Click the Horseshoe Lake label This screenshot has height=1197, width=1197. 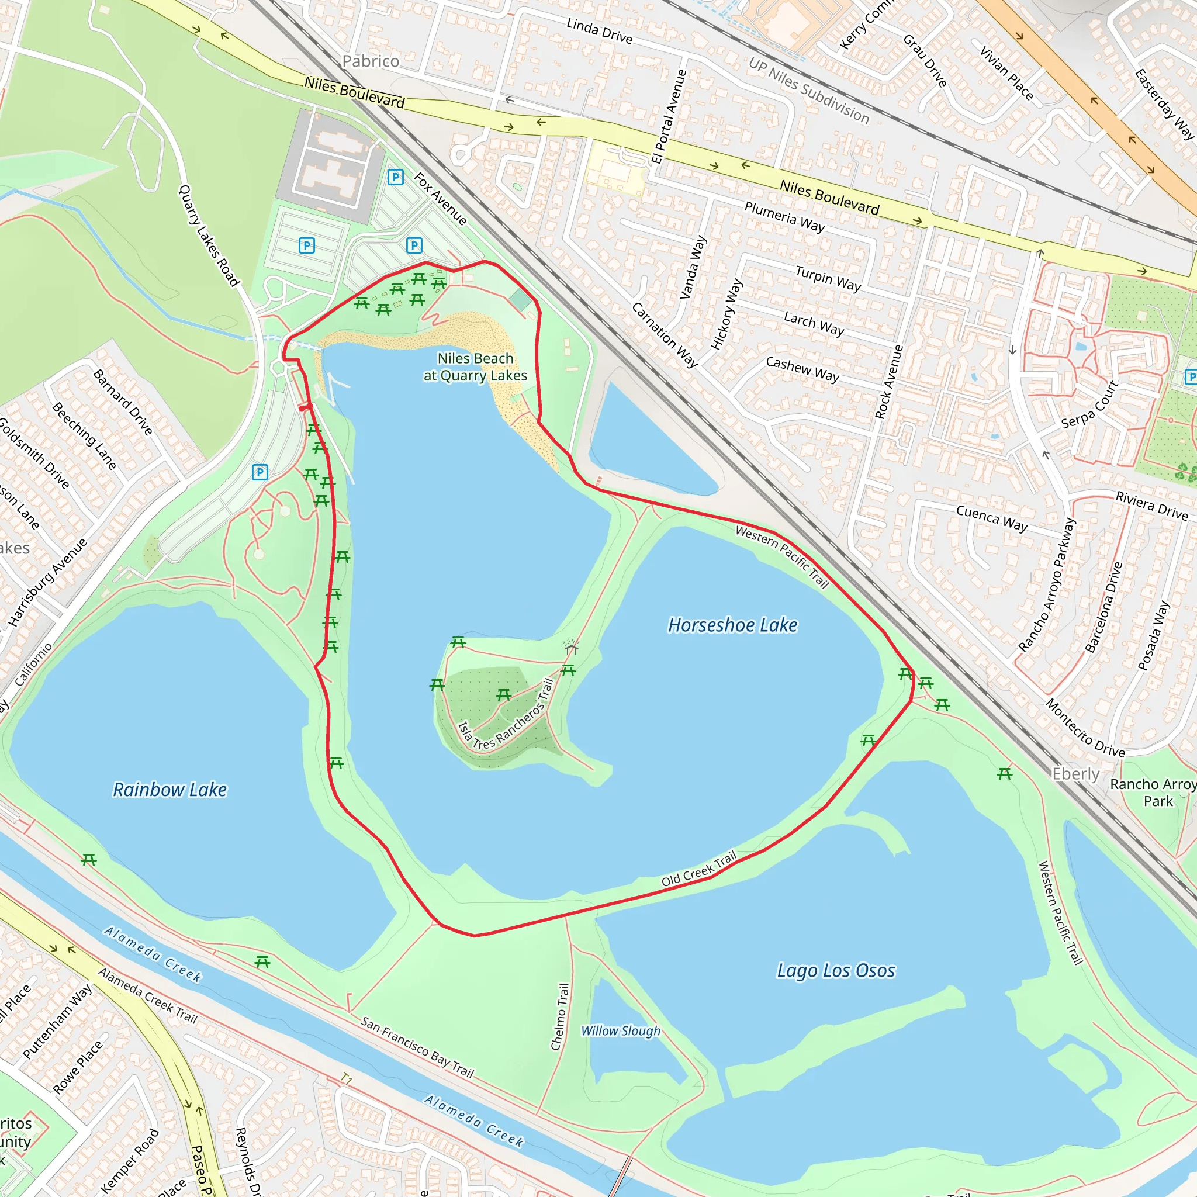[x=732, y=625]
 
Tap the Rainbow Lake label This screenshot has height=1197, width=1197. [x=169, y=790]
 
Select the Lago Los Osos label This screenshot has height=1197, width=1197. [x=836, y=970]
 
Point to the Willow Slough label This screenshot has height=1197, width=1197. [x=620, y=1031]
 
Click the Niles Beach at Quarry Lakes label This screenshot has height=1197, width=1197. [x=475, y=367]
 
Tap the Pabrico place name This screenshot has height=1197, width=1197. [x=371, y=61]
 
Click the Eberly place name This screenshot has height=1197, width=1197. [x=1075, y=774]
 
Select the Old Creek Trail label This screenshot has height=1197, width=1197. [x=699, y=868]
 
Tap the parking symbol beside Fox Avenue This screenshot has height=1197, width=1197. [x=395, y=178]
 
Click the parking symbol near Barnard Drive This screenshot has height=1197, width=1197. [x=260, y=473]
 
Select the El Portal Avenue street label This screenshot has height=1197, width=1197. [x=669, y=116]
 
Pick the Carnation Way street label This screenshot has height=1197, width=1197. [x=665, y=335]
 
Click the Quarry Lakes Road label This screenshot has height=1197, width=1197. [x=208, y=236]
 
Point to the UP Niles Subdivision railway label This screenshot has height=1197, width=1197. [x=808, y=91]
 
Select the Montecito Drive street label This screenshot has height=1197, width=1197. [x=1085, y=728]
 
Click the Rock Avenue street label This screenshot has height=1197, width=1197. [x=889, y=382]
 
